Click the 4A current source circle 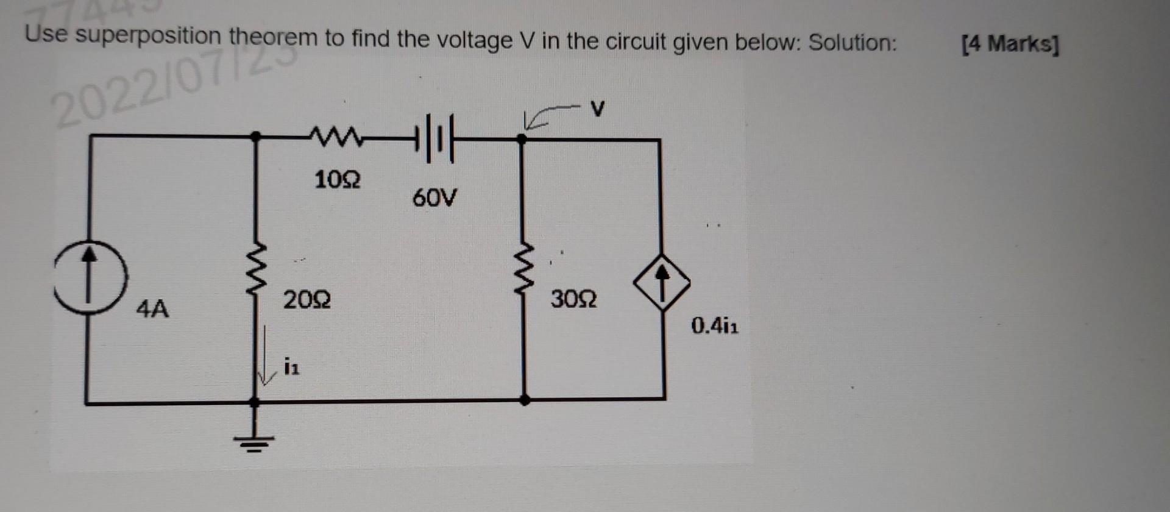point(90,277)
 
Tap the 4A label point(152,310)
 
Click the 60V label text point(434,198)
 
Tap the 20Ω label point(307,300)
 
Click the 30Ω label point(573,300)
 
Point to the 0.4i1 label point(715,326)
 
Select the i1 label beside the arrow point(291,368)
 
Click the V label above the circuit point(598,109)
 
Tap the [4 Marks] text point(1010,44)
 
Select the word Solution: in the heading point(853,43)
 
